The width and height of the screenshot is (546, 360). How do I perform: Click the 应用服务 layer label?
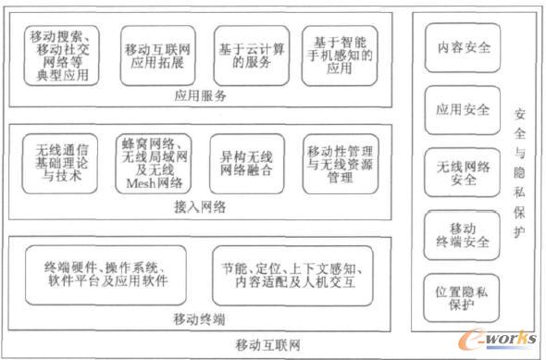tap(199, 94)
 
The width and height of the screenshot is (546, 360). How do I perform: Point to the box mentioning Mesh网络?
tap(153, 164)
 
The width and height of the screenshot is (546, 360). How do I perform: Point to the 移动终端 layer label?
tap(199, 319)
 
